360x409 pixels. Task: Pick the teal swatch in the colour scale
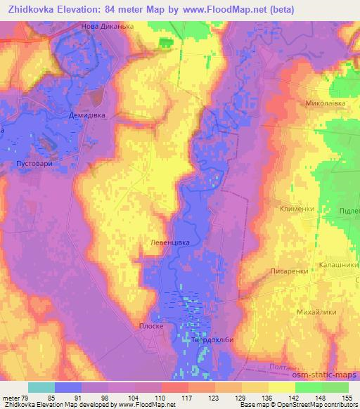pyautogui.click(x=41, y=387)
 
